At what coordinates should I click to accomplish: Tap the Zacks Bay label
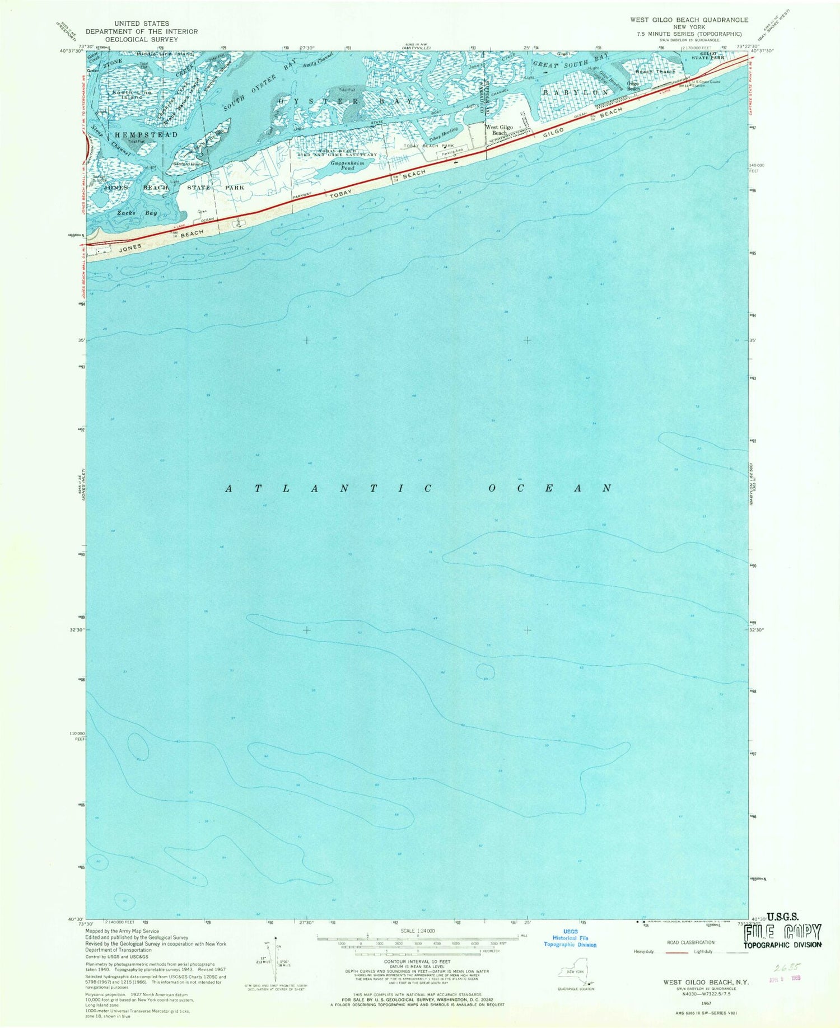137,213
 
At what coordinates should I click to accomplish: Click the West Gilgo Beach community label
499,130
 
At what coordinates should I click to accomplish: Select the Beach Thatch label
655,72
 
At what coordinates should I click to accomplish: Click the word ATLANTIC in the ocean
329,488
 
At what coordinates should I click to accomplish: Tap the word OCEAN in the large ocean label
549,488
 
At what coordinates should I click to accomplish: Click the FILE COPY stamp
782,932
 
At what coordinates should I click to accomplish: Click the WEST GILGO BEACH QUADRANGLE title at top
689,20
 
